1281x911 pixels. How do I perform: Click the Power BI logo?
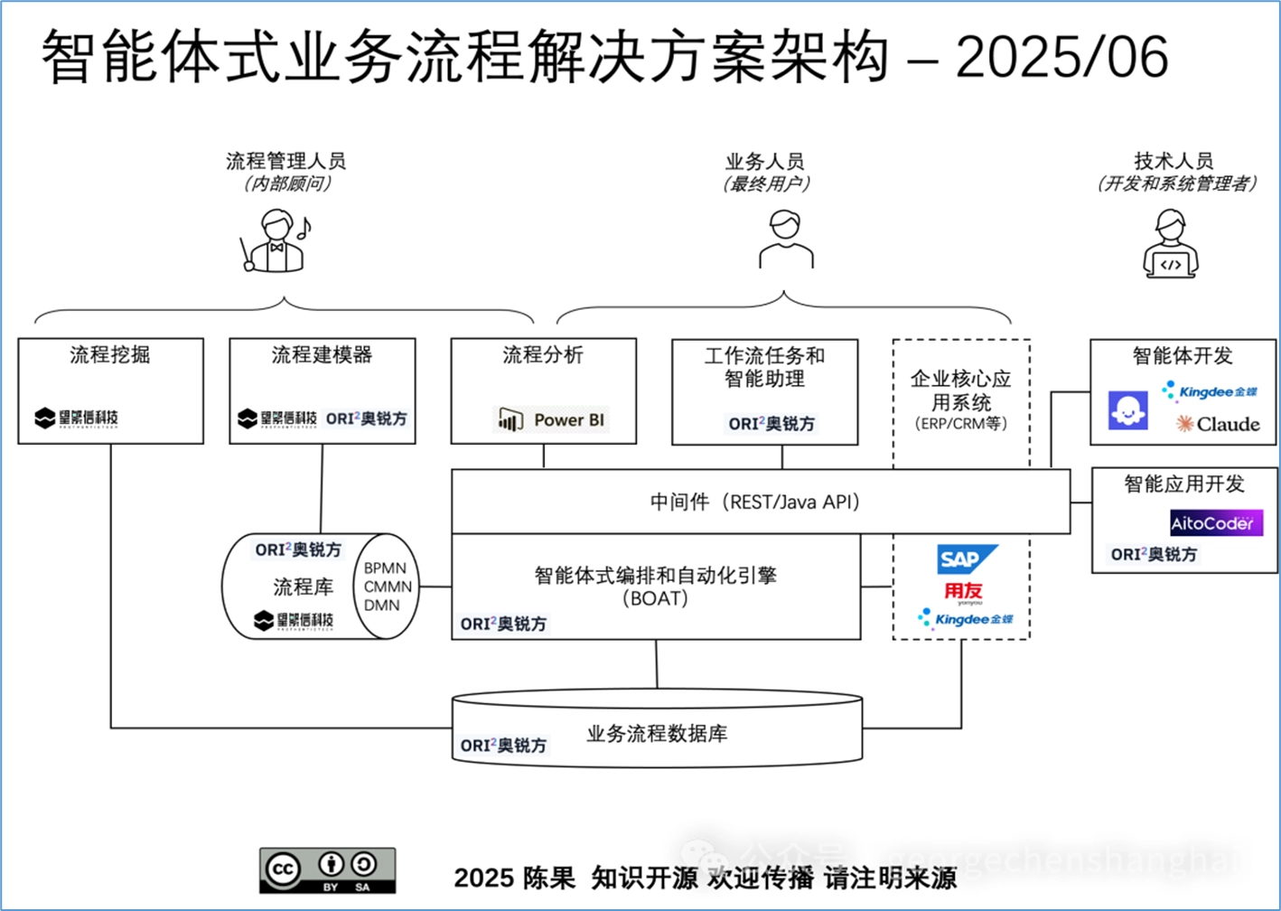point(552,419)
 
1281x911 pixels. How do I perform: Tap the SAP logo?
point(966,559)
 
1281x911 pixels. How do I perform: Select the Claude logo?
point(1218,424)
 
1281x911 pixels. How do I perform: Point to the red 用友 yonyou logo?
point(963,592)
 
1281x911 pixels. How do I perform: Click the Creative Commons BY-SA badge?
point(327,870)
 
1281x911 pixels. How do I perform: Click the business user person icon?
point(785,239)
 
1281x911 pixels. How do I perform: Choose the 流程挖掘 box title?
point(110,355)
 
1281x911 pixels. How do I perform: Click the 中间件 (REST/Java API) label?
point(756,502)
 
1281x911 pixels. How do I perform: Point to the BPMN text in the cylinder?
point(385,568)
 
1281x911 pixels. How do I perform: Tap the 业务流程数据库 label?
point(657,734)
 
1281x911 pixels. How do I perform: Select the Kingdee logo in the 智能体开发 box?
point(1210,391)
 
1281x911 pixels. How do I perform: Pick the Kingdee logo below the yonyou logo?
point(965,619)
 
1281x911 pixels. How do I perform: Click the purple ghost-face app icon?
point(1128,410)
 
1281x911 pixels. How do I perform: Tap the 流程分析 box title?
point(543,355)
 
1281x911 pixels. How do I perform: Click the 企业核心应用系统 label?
point(960,390)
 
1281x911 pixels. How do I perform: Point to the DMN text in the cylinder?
point(381,606)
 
